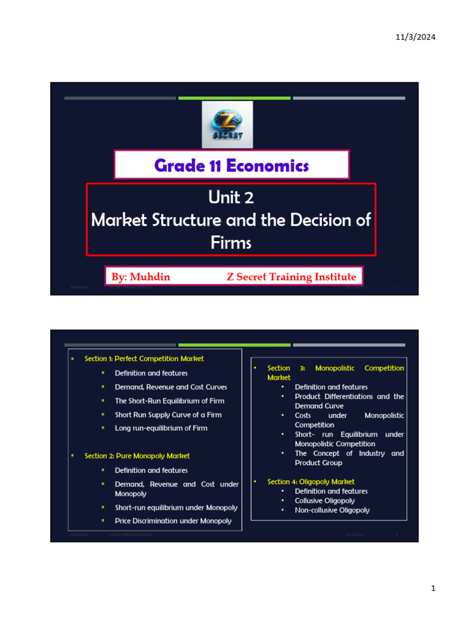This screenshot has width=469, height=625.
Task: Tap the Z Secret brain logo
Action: pos(227,125)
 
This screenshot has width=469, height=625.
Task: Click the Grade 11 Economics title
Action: pos(231,165)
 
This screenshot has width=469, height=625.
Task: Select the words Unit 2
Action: pos(231,197)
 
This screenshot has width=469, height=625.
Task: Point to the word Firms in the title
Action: pos(231,242)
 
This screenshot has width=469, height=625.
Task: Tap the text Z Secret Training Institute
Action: pos(291,277)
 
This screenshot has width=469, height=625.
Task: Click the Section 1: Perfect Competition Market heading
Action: pos(144,359)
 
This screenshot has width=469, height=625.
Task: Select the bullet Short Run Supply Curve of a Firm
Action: pos(168,414)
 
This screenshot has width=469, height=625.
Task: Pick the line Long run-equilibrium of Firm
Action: pos(161,428)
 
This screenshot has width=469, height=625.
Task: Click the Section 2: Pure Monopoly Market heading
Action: pos(137,456)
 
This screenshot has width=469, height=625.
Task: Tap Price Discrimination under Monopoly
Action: pos(173,521)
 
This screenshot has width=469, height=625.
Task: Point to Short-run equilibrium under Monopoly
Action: pos(176,507)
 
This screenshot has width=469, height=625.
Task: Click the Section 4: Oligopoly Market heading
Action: pos(311,482)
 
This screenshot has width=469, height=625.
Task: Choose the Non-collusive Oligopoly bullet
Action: pos(332,510)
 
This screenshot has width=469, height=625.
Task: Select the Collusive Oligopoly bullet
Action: pos(324,500)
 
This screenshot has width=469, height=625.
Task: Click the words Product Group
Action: pos(319,463)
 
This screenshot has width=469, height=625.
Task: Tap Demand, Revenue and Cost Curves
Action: pos(171,387)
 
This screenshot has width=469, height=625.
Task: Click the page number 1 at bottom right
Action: pos(433,589)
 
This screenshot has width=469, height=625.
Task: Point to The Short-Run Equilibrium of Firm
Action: pos(170,401)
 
